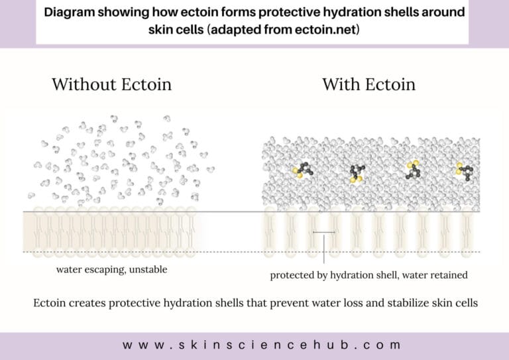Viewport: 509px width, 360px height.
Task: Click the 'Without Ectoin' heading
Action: [x=111, y=84]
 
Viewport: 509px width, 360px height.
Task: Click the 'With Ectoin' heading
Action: [x=368, y=84]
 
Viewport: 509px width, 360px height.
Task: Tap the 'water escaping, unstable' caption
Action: [x=111, y=269]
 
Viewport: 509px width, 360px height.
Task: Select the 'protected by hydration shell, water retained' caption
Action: [x=368, y=275]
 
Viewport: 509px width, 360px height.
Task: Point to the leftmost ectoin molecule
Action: [x=303, y=170]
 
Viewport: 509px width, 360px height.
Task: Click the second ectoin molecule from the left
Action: [x=357, y=173]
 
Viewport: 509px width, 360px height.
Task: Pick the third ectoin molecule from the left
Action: [x=413, y=170]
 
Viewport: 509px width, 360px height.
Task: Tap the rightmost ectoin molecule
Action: [x=465, y=172]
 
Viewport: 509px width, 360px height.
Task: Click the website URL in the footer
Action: [x=262, y=345]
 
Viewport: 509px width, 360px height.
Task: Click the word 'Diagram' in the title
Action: [x=69, y=13]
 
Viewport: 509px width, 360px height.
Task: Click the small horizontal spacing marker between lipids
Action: [x=323, y=232]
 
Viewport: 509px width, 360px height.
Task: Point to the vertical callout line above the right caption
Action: [x=324, y=249]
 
